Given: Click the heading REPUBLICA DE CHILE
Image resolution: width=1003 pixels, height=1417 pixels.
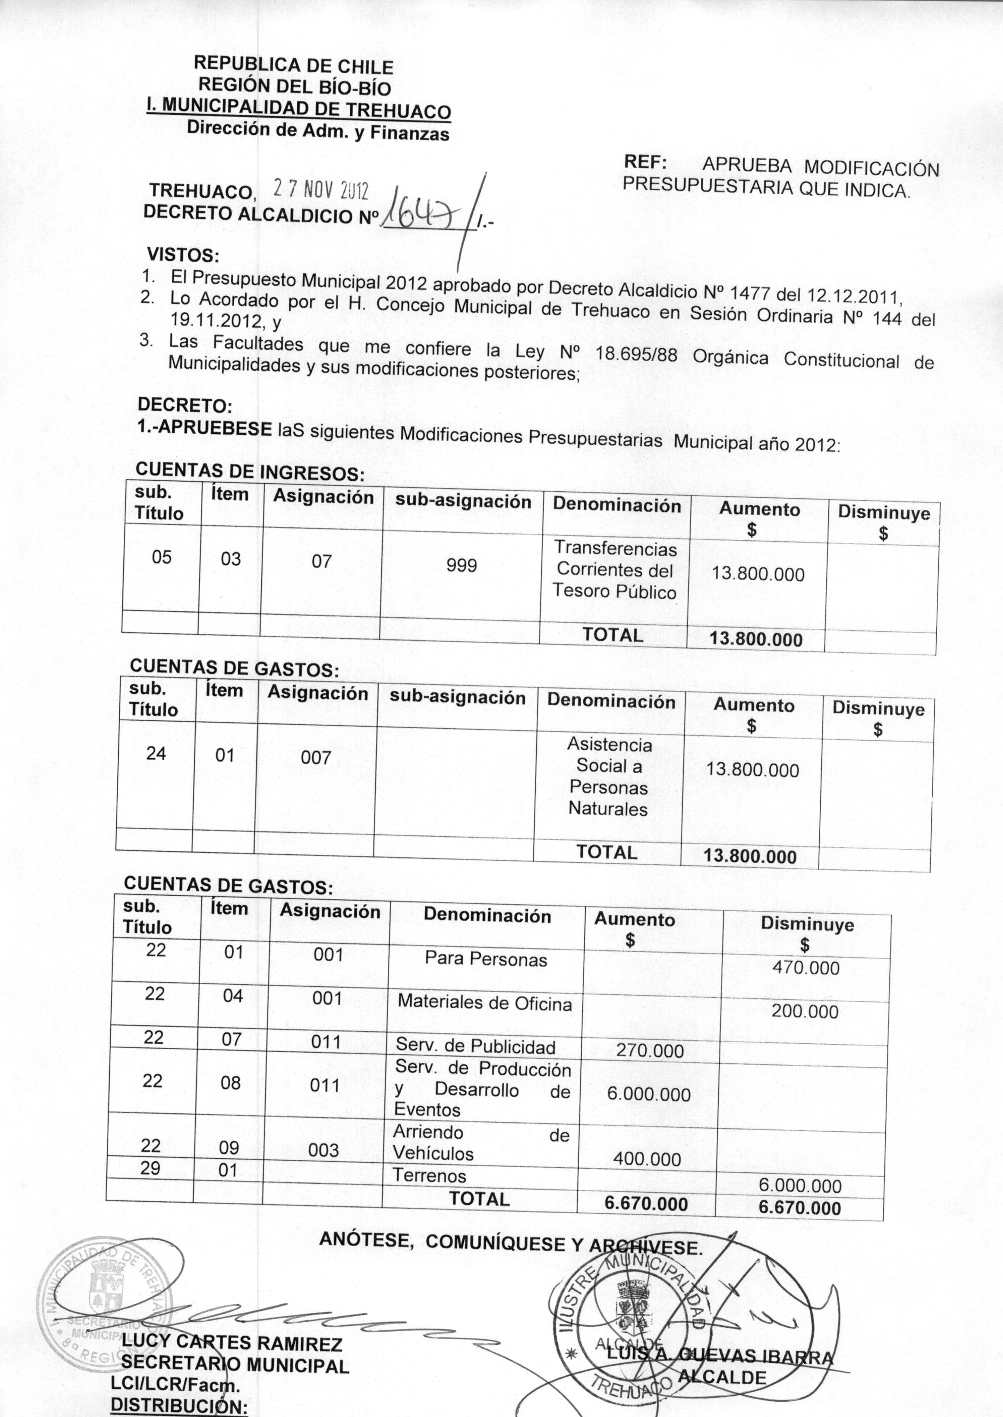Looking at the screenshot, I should pyautogui.click(x=293, y=66).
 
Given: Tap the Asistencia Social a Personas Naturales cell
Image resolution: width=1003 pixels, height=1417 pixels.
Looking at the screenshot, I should pyautogui.click(x=609, y=777).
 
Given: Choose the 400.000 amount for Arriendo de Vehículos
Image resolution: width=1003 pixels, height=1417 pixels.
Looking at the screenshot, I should pyautogui.click(x=647, y=1159).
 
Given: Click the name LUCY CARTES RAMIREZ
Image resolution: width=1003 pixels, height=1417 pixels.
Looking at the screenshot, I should pyautogui.click(x=232, y=1342).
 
